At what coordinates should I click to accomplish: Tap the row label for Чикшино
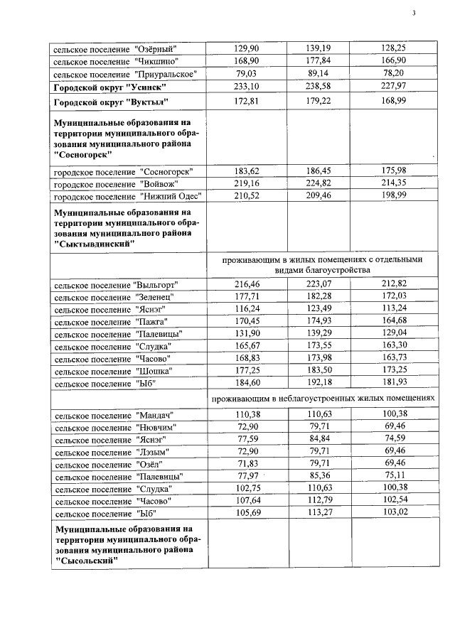pos(115,61)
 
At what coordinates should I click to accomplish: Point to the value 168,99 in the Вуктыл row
pos(392,101)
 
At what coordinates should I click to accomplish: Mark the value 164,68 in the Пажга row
pos(392,321)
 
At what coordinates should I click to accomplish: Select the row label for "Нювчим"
pos(115,427)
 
